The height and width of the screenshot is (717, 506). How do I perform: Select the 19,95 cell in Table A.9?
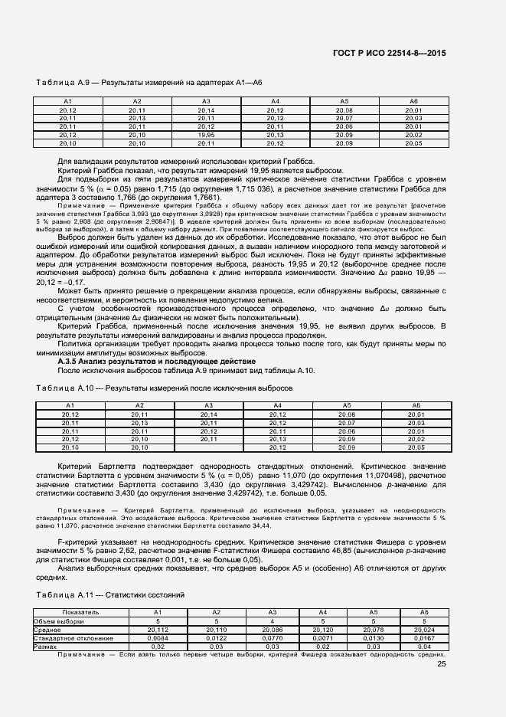coord(206,135)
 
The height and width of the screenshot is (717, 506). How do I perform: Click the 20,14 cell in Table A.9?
coord(206,110)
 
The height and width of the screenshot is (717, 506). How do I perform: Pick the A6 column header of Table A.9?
coord(413,102)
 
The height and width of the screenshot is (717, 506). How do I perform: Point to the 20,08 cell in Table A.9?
coord(344,110)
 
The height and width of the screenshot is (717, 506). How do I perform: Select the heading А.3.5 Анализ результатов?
coord(157,361)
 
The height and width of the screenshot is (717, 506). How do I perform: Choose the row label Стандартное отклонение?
coord(73,637)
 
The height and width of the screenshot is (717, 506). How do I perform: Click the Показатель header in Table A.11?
coord(80,612)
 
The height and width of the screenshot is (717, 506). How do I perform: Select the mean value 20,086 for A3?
coord(271,629)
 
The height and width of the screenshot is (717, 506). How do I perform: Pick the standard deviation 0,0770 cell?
coord(271,637)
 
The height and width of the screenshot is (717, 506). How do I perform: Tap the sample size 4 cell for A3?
coord(271,620)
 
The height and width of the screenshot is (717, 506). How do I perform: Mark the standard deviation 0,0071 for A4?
coord(322,637)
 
